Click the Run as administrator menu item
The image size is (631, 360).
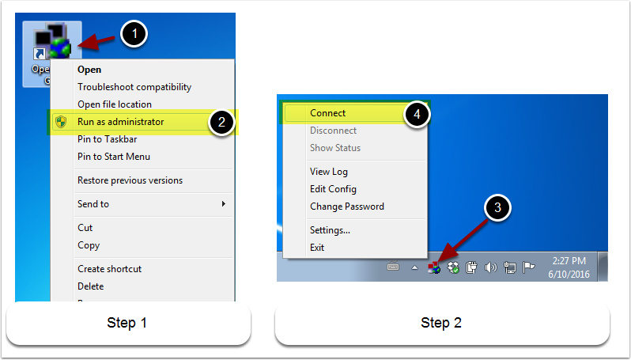coord(120,122)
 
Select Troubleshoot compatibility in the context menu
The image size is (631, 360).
coord(134,87)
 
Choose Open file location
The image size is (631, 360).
coord(114,104)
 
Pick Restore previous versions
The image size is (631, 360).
coord(130,180)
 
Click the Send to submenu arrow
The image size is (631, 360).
coord(224,204)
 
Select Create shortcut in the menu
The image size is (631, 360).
coord(110,269)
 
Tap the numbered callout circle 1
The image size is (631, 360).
coord(135,34)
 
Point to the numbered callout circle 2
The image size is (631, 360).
coord(223,123)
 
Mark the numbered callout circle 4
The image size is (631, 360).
coord(417,113)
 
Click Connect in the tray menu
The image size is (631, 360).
coord(327,113)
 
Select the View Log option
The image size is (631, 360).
coord(329,172)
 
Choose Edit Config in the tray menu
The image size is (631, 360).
coord(333,189)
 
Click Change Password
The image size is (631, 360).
coord(346,207)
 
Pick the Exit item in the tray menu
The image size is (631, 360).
coord(317,248)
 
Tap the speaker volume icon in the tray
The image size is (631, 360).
coord(489,267)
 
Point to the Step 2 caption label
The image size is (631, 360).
coord(441,323)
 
